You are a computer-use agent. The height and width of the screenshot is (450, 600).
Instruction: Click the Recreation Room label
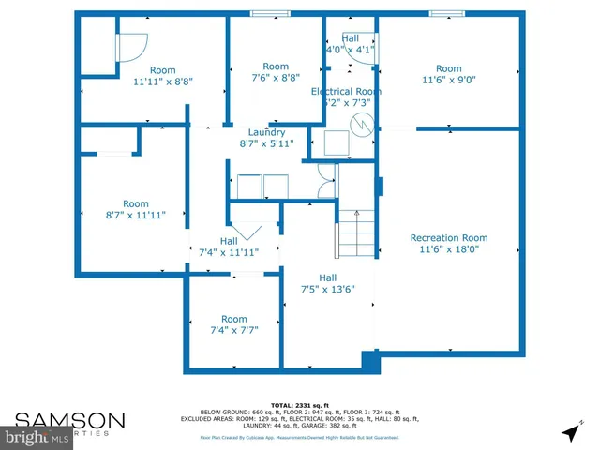click(x=449, y=237)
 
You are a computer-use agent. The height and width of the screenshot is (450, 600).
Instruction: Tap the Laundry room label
click(x=266, y=132)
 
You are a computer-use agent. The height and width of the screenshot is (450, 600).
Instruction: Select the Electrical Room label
click(x=346, y=91)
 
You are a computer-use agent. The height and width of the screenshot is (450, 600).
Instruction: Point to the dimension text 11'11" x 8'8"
click(x=163, y=82)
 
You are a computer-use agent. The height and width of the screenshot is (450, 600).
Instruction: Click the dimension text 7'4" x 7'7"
click(x=233, y=330)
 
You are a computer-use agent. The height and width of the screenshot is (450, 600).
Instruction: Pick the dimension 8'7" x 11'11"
click(x=136, y=215)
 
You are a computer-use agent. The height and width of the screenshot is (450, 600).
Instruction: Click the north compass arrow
click(x=569, y=433)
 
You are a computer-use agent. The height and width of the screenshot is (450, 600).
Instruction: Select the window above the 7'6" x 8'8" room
click(x=270, y=14)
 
